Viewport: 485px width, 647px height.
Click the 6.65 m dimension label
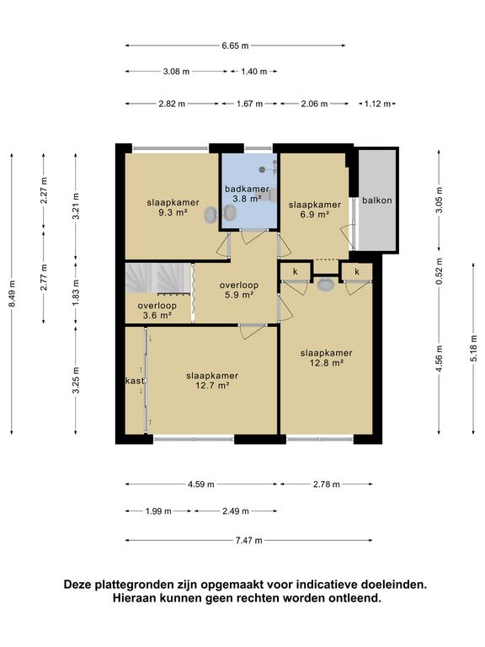[x=235, y=45]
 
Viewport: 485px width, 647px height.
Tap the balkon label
[x=377, y=201]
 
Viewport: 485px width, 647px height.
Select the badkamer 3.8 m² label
[x=247, y=194]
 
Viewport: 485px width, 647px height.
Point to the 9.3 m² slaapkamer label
[x=173, y=207]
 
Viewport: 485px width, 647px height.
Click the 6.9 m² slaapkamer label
[x=315, y=209]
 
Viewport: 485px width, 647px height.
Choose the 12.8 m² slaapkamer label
[x=326, y=358]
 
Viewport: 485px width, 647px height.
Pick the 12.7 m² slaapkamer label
[x=212, y=381]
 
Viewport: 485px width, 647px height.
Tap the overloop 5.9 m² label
[x=239, y=290]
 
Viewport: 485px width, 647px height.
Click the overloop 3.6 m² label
[x=157, y=310]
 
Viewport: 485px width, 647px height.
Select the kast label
[x=135, y=381]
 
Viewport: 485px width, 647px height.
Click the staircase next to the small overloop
[x=158, y=279]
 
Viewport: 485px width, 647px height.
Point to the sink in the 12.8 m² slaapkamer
[x=326, y=285]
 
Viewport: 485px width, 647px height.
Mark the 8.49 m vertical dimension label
[x=12, y=293]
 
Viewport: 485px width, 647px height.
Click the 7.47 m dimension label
[x=248, y=540]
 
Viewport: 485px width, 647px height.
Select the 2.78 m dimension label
[x=326, y=484]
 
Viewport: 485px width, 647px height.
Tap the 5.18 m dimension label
[x=473, y=348]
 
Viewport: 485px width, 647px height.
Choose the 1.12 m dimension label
[x=377, y=104]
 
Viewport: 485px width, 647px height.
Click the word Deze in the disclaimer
[x=77, y=585]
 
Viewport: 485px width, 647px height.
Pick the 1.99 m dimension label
[x=158, y=511]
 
